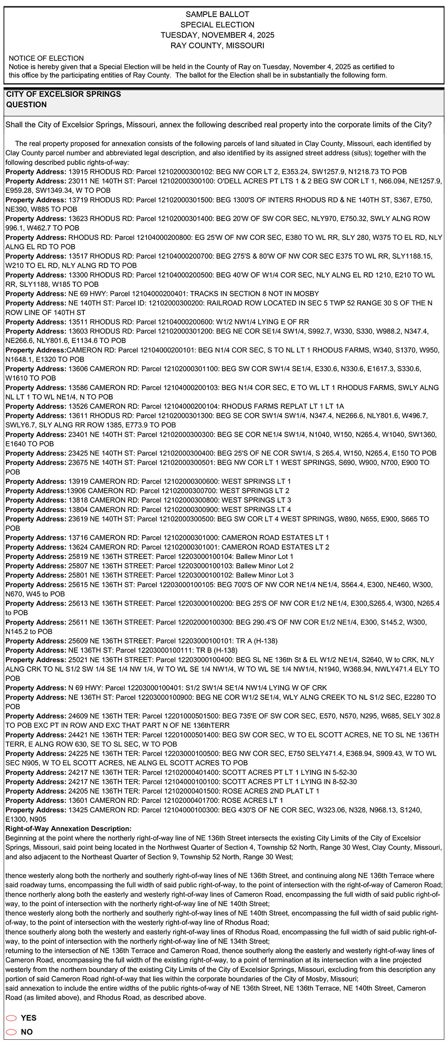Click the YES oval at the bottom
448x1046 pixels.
click(x=12, y=1018)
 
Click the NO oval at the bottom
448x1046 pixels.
click(x=12, y=1032)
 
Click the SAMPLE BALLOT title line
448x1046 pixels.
click(x=217, y=14)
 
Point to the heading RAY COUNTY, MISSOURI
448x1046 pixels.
click(x=217, y=45)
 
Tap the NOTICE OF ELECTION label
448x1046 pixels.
click(x=46, y=58)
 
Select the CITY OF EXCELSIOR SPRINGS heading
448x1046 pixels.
click(x=64, y=94)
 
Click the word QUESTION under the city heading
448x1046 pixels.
click(x=26, y=104)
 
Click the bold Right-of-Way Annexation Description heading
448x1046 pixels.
click(x=69, y=829)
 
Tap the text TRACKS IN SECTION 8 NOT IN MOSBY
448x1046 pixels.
click(x=254, y=294)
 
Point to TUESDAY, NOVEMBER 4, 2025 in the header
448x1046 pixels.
click(x=217, y=35)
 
